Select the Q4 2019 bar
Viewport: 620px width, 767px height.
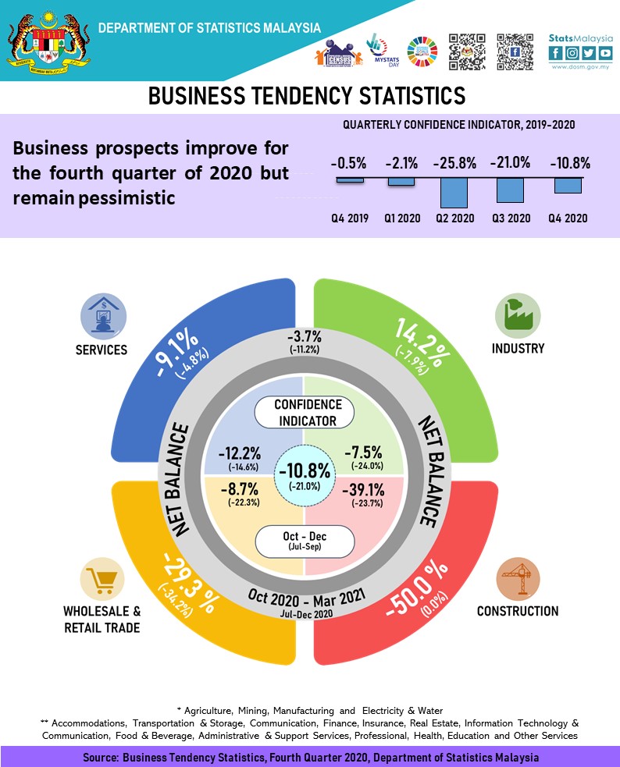tap(350, 180)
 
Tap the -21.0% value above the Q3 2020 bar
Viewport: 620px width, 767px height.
tap(510, 163)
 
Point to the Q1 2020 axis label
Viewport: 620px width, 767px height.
tap(403, 218)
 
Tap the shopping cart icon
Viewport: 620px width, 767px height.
tap(102, 579)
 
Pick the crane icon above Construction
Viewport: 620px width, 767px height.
tap(518, 579)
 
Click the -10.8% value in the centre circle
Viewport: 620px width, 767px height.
tap(305, 470)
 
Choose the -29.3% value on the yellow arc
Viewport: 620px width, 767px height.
tap(190, 582)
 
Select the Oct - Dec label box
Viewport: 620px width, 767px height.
tap(305, 541)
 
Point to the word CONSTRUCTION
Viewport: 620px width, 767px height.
tap(518, 611)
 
